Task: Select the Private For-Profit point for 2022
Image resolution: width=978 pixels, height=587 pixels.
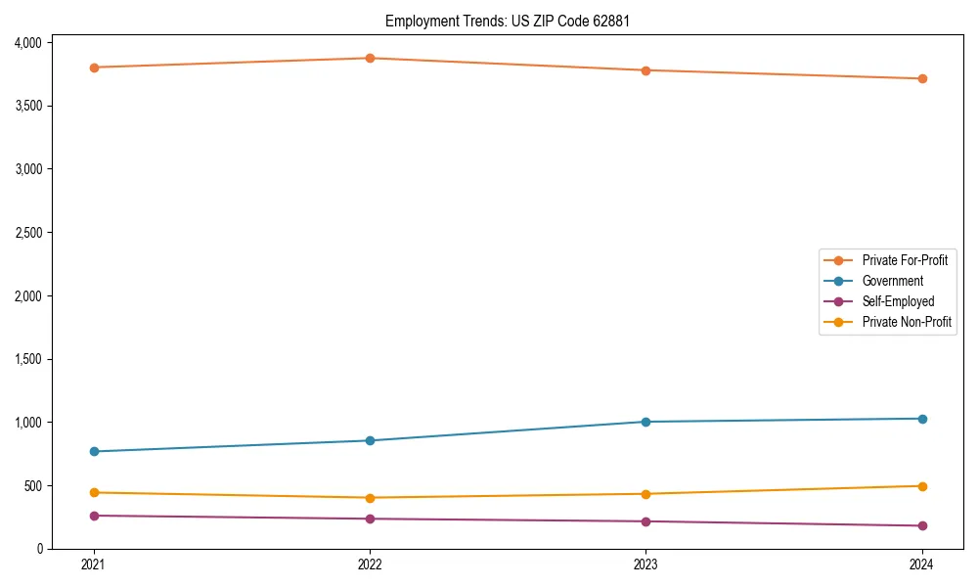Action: tap(370, 58)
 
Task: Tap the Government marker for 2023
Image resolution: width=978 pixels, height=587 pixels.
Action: tap(645, 422)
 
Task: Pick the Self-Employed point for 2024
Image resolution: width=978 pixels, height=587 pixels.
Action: tap(921, 526)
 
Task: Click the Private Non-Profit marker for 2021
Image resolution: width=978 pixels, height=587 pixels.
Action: tap(94, 492)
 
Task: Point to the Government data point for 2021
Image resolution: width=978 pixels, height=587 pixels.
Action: tap(94, 451)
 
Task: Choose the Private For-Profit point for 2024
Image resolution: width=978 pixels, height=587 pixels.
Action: tap(921, 78)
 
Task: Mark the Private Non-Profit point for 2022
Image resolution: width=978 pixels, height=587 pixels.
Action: tap(370, 498)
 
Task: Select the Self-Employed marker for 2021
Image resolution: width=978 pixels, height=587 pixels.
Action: tap(94, 516)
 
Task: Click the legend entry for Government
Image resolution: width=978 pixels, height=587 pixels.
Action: tap(892, 281)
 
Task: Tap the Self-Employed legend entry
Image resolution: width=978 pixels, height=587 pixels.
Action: tap(898, 301)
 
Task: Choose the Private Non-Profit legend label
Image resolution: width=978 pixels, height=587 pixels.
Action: tap(907, 322)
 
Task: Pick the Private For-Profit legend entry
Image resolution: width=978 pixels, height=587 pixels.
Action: tap(905, 260)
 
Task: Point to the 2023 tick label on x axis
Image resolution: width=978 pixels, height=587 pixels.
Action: tap(645, 564)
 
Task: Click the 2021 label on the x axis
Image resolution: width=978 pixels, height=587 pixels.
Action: tap(94, 564)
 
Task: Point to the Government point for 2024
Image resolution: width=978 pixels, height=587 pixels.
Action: tap(921, 419)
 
